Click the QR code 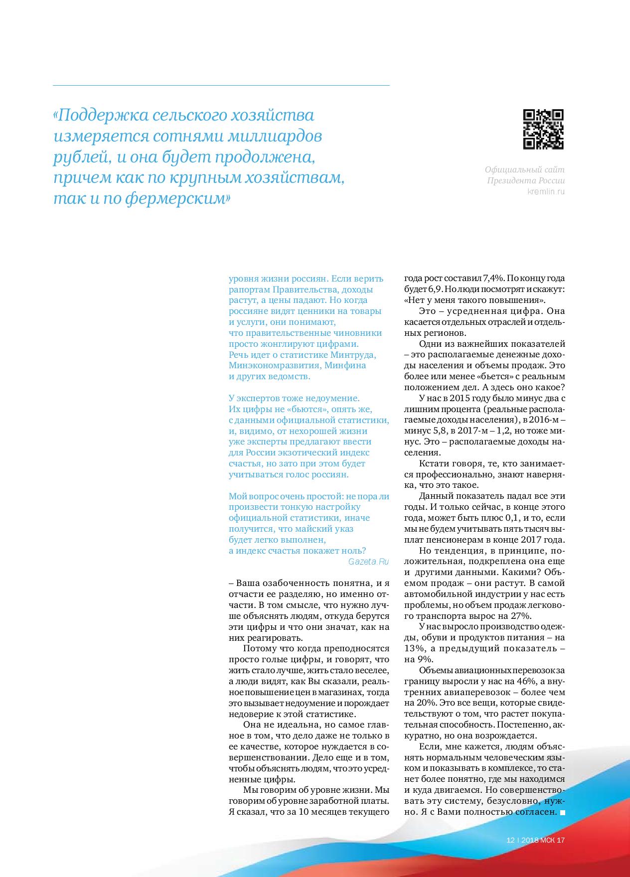[543, 129]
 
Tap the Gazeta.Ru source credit [369, 562]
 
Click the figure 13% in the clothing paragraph [413, 648]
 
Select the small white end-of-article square [563, 812]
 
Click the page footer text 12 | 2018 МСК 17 [535, 840]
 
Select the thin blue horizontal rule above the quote [221, 86]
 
